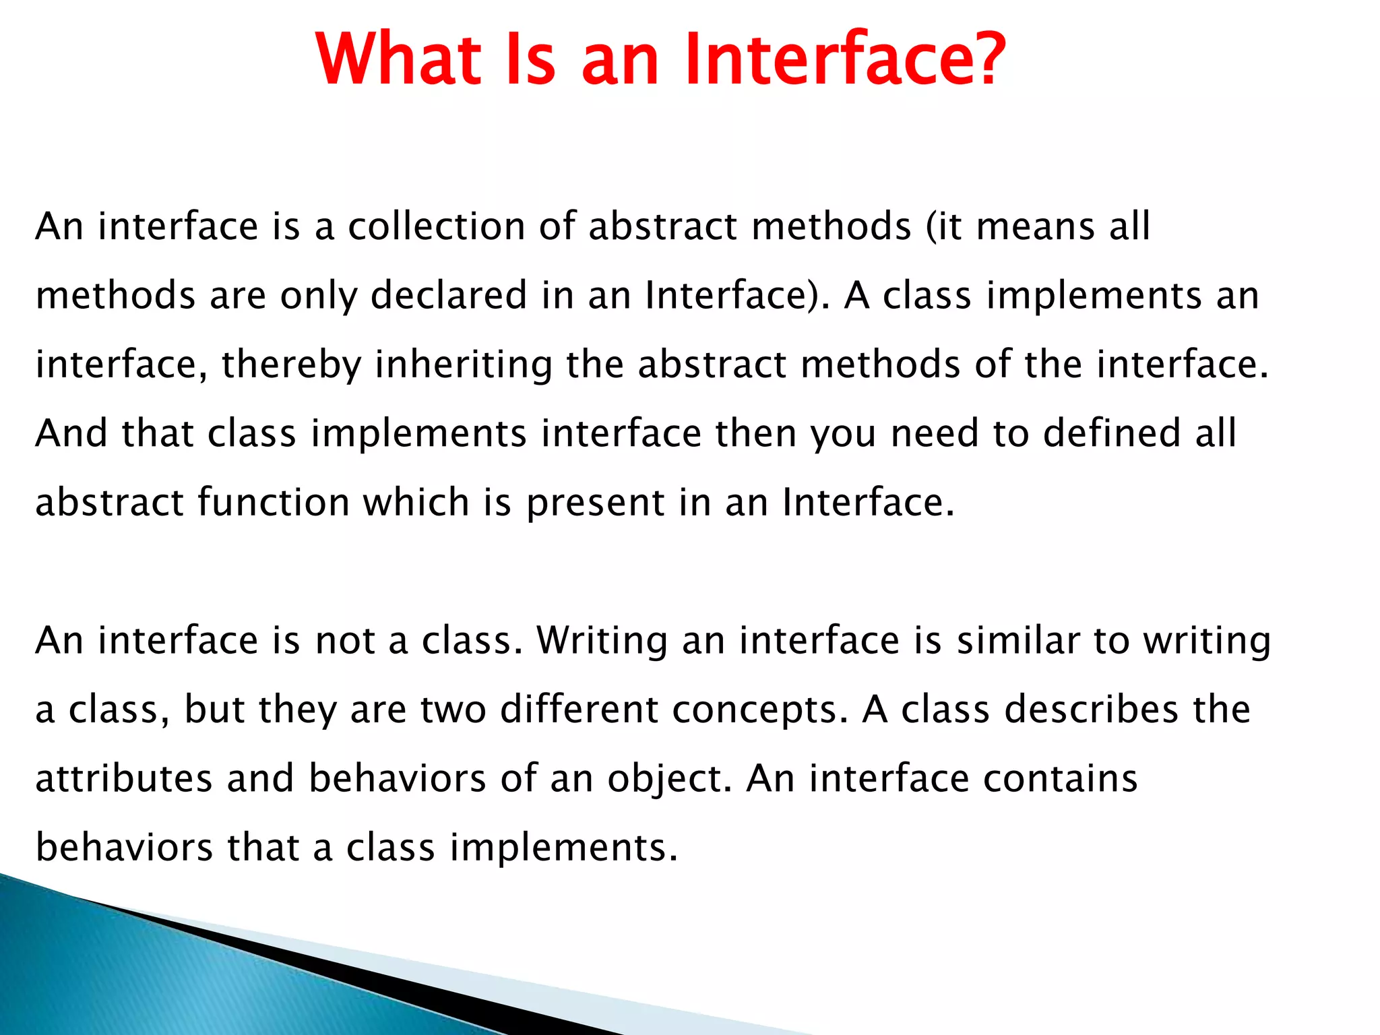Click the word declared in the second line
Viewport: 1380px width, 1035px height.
(449, 295)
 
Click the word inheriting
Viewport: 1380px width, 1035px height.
(464, 365)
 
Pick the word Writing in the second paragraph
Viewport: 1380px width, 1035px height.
(602, 640)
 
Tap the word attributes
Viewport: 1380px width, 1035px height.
(124, 778)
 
